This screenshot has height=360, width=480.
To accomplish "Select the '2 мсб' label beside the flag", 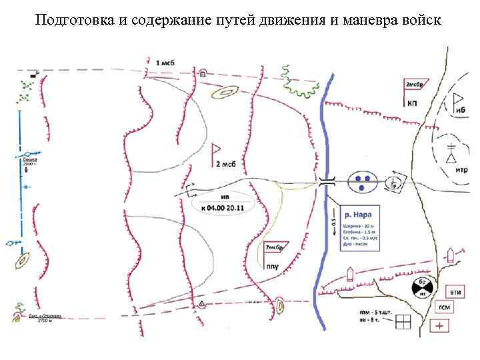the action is click(x=227, y=164).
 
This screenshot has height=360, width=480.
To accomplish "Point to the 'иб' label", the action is click(x=460, y=109).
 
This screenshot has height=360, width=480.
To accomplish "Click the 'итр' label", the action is click(x=461, y=170).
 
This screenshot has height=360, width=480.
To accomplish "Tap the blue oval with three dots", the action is click(x=363, y=181).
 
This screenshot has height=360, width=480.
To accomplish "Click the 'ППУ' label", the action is click(x=272, y=267).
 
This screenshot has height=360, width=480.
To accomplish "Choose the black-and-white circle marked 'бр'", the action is click(x=423, y=288).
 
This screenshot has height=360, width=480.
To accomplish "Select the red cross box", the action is click(x=439, y=325).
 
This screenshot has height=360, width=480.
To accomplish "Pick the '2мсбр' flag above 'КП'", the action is click(x=415, y=85).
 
